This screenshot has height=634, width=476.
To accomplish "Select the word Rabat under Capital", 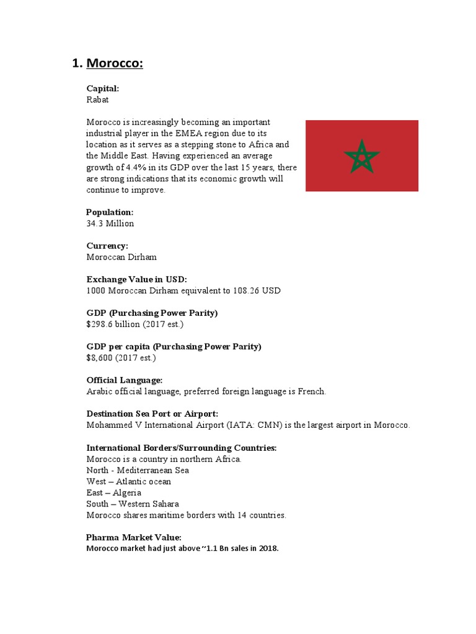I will (x=98, y=100).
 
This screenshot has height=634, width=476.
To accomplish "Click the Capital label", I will (x=102, y=89).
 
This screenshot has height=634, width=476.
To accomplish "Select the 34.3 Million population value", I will (x=110, y=224).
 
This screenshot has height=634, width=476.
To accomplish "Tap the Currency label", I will (x=107, y=246).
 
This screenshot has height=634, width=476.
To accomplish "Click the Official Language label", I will (x=125, y=380).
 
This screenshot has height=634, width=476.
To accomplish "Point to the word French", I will (x=311, y=391).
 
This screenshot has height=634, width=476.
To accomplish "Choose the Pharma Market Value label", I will (x=134, y=537).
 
